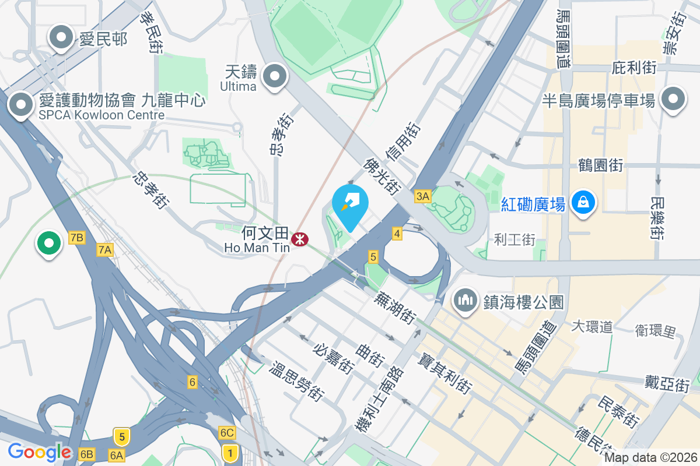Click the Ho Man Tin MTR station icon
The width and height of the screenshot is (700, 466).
(300, 239)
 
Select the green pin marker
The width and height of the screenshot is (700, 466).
(49, 243)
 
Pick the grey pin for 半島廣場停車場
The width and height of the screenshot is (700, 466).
(673, 99)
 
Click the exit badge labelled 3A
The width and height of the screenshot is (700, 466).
(423, 196)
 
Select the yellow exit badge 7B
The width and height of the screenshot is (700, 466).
(77, 237)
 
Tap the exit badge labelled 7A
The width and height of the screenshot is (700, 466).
(104, 250)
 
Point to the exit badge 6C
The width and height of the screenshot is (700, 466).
(227, 433)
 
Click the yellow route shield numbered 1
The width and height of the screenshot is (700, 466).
(230, 451)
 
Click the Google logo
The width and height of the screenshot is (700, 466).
(39, 452)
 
